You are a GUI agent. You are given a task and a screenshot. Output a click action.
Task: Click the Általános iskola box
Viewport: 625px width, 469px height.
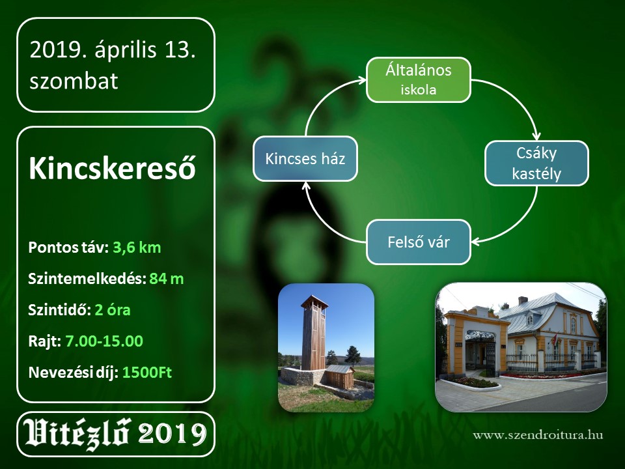pyautogui.click(x=418, y=79)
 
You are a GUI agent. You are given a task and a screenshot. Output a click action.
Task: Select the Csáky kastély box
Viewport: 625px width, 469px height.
pyautogui.click(x=536, y=163)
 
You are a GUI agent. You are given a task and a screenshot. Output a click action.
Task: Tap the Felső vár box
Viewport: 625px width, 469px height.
pyautogui.click(x=418, y=242)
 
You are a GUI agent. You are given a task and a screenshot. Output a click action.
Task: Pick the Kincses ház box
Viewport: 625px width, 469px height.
pyautogui.click(x=305, y=159)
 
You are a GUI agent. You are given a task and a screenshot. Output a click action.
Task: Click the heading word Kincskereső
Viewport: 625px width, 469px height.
pyautogui.click(x=113, y=168)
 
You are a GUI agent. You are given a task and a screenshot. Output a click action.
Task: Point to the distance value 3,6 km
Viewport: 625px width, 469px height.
pyautogui.click(x=137, y=248)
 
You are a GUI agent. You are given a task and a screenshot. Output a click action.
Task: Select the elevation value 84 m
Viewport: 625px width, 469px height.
pyautogui.click(x=167, y=279)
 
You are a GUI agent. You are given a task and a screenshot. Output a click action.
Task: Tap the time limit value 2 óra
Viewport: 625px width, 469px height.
pyautogui.click(x=113, y=310)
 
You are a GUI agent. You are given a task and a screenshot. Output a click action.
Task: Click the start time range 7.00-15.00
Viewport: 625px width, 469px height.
pyautogui.click(x=104, y=341)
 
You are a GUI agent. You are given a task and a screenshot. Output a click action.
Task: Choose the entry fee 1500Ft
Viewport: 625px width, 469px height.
pyautogui.click(x=147, y=373)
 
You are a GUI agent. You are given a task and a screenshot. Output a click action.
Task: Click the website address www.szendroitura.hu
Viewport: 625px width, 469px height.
pyautogui.click(x=538, y=434)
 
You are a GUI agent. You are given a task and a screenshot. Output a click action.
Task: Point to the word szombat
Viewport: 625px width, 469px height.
pyautogui.click(x=74, y=81)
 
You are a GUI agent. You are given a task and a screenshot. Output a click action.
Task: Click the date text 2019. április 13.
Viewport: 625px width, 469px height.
pyautogui.click(x=113, y=50)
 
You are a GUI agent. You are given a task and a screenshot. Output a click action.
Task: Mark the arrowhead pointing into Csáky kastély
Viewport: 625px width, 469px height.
pyautogui.click(x=537, y=135)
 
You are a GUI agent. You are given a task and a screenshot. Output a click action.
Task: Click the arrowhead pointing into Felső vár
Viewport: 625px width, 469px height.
pyautogui.click(x=476, y=242)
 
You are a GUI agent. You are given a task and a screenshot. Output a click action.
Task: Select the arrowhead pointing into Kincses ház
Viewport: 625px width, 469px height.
pyautogui.click(x=306, y=186)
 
